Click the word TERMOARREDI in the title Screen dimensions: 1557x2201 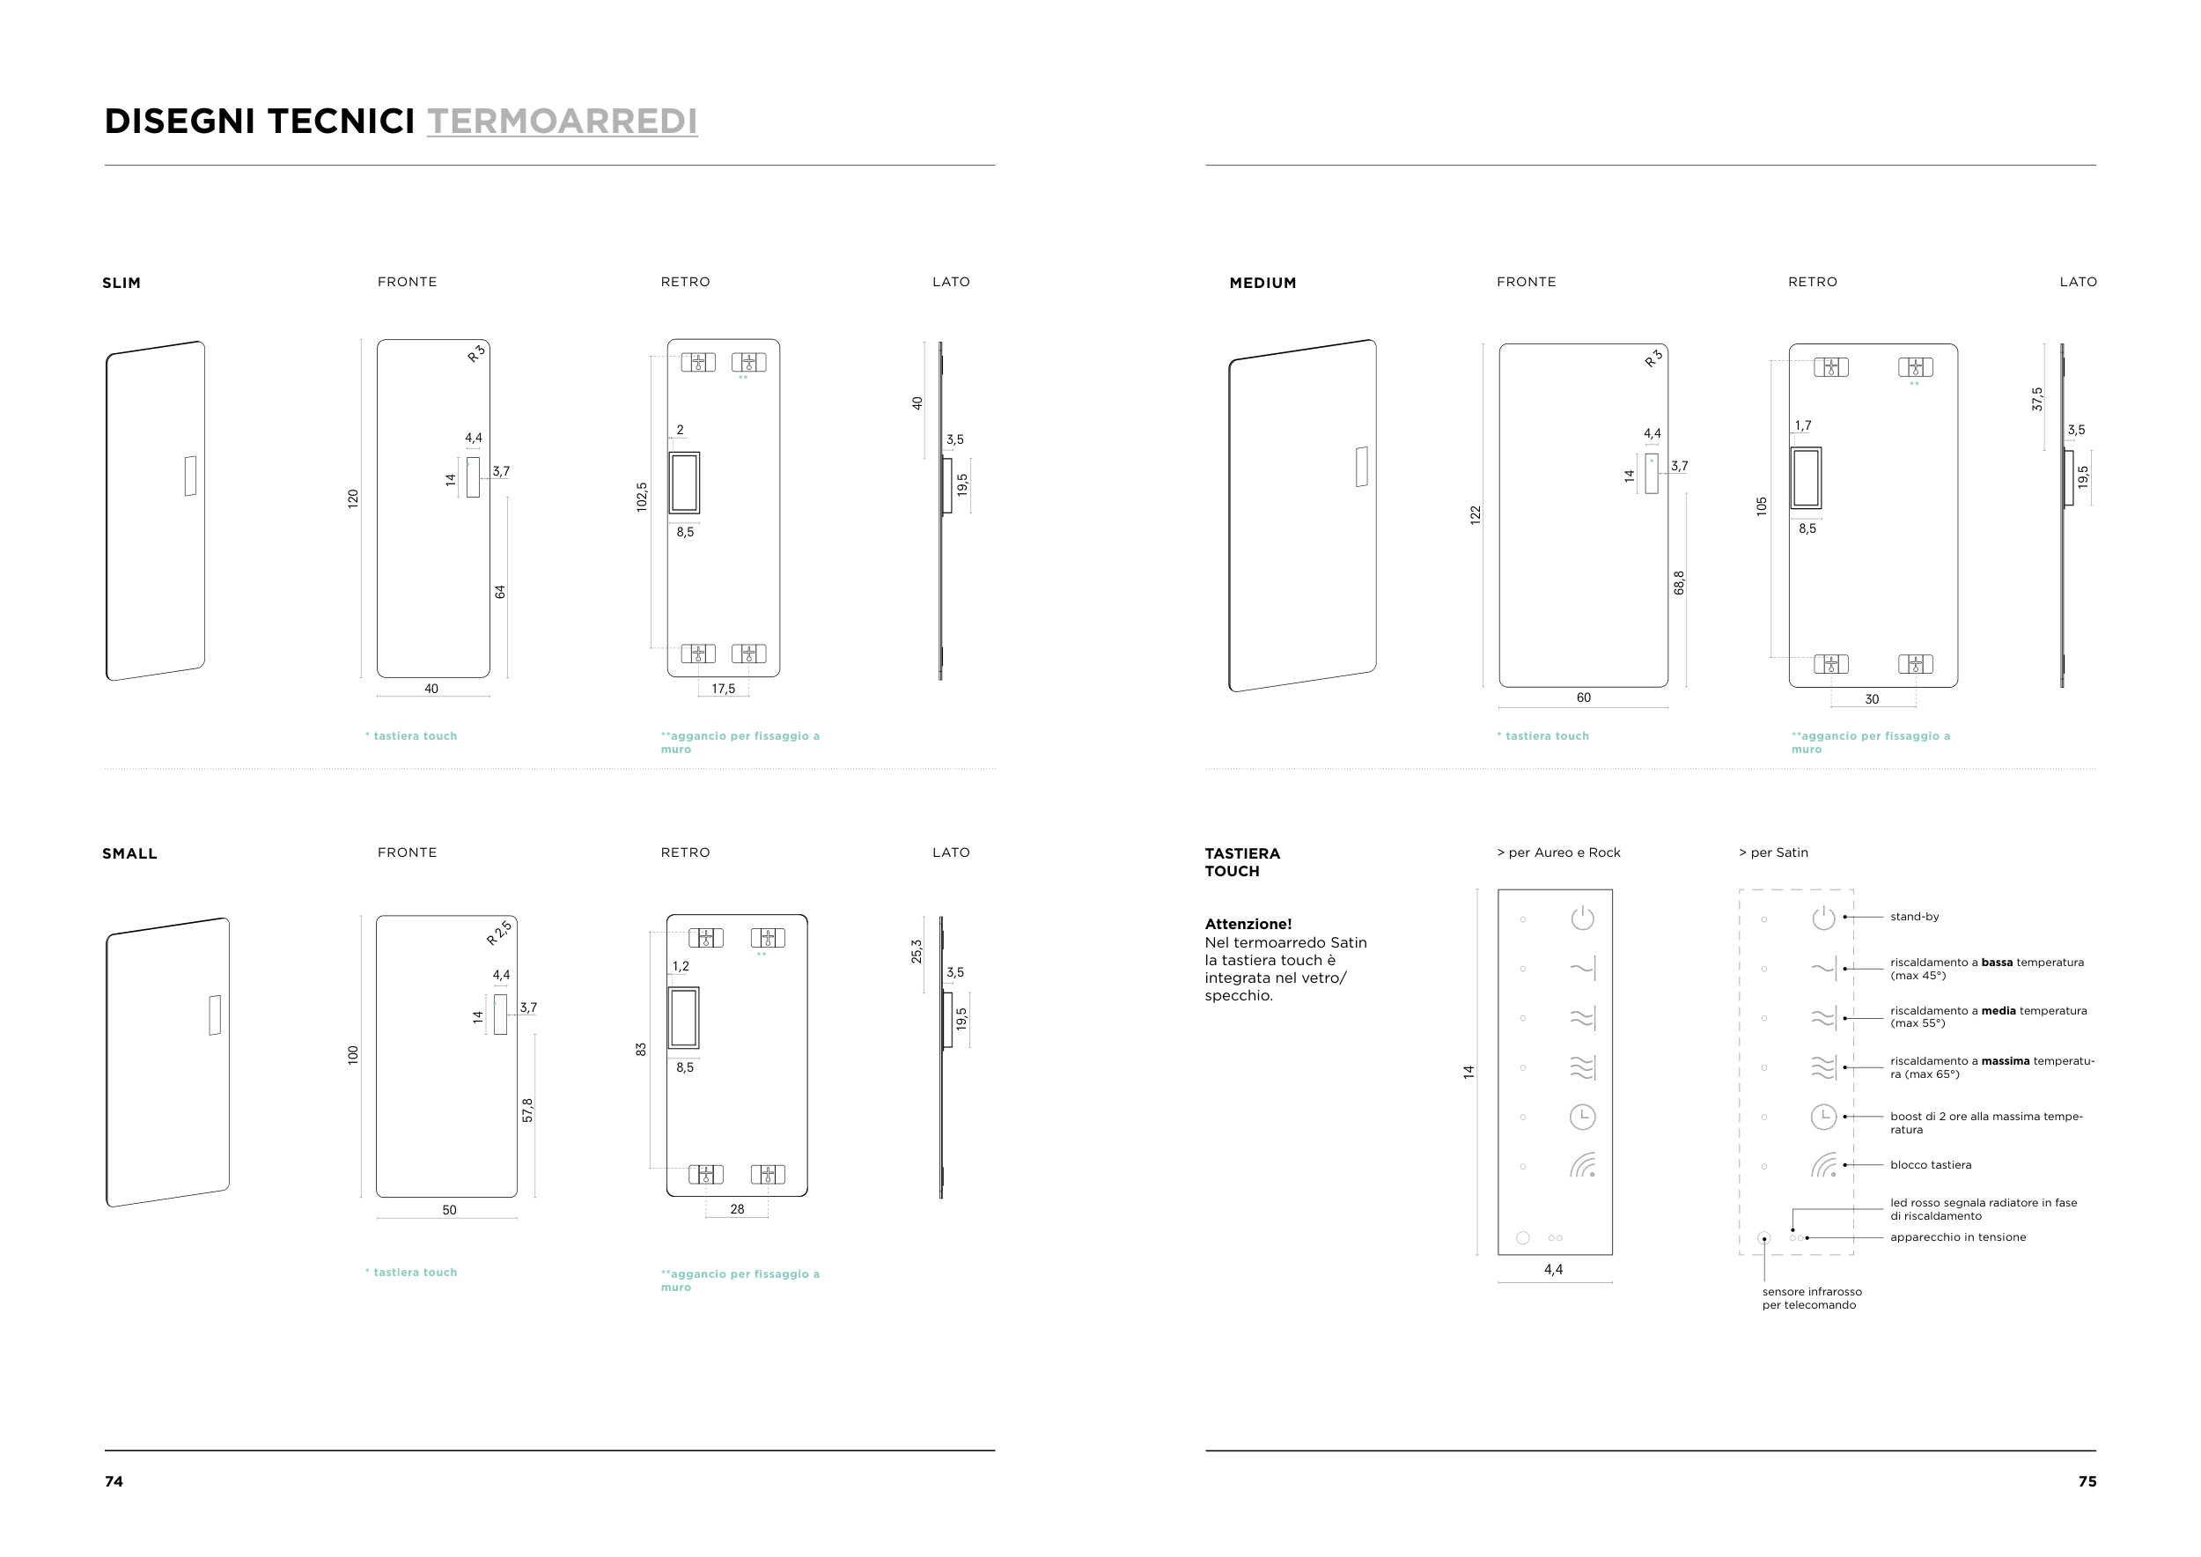pyautogui.click(x=562, y=122)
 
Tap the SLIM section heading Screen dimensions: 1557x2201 pyautogui.click(x=121, y=283)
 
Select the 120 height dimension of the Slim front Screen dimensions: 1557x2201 pyautogui.click(x=353, y=498)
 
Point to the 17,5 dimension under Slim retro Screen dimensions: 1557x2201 pyautogui.click(x=723, y=689)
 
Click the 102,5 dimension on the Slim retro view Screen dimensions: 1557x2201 pyautogui.click(x=641, y=497)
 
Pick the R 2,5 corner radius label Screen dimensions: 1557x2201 pyautogui.click(x=498, y=933)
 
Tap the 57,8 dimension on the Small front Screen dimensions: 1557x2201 pyautogui.click(x=527, y=1111)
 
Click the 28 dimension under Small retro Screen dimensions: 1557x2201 pyautogui.click(x=737, y=1209)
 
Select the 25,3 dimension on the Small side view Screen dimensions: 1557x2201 pyautogui.click(x=916, y=951)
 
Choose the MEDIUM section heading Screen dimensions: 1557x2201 pyautogui.click(x=1262, y=283)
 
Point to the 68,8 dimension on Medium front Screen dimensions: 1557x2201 pyautogui.click(x=1679, y=583)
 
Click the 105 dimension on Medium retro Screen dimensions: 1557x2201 pyautogui.click(x=1761, y=506)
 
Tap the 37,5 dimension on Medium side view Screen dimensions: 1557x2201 pyautogui.click(x=2037, y=399)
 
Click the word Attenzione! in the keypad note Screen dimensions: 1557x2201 pyautogui.click(x=1248, y=924)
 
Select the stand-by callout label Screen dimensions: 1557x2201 pyautogui.click(x=1914, y=917)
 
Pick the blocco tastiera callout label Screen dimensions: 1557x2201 pyautogui.click(x=1931, y=1165)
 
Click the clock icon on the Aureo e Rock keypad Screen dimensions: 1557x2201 pyautogui.click(x=1582, y=1117)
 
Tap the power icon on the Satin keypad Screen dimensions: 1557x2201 pyautogui.click(x=1823, y=919)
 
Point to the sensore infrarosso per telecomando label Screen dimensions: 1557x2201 pyautogui.click(x=1811, y=1298)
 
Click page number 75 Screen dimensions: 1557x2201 pyautogui.click(x=2087, y=1481)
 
